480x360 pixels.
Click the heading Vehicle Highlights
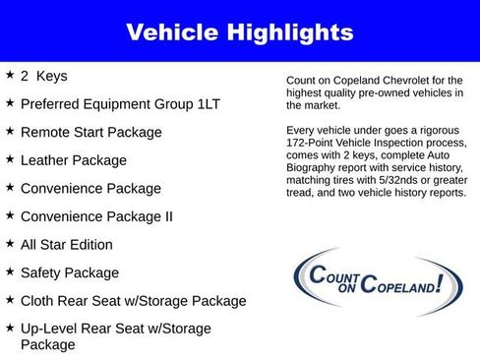click(x=239, y=32)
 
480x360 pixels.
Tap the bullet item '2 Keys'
click(x=44, y=76)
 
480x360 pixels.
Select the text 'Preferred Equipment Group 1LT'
click(x=119, y=103)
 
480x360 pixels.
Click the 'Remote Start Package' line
click(x=91, y=132)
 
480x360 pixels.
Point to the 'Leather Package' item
click(x=74, y=159)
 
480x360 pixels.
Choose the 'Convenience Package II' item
click(x=97, y=216)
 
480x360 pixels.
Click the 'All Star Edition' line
click(x=67, y=245)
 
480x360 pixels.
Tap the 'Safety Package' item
click(x=70, y=272)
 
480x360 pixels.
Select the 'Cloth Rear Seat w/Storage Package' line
click(x=133, y=301)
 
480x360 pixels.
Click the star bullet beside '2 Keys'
click(x=10, y=75)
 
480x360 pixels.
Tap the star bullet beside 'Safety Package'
click(x=10, y=271)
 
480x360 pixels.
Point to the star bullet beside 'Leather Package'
click(x=10, y=158)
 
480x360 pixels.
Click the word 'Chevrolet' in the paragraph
click(x=404, y=81)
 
